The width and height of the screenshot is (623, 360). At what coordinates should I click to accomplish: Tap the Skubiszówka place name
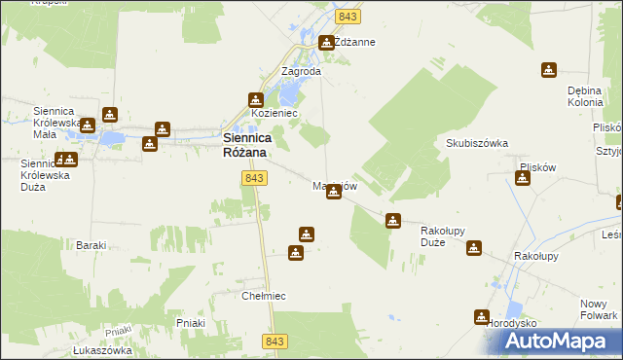tap(477, 143)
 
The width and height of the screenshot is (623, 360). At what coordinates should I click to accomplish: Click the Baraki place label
tap(91, 245)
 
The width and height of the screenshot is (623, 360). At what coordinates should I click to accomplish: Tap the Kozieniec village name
tap(274, 114)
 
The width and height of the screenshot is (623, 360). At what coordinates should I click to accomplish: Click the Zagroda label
tap(301, 71)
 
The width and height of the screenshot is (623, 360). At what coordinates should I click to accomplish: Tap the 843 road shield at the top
tap(348, 18)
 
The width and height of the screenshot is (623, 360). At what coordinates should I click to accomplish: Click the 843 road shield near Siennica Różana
tap(254, 178)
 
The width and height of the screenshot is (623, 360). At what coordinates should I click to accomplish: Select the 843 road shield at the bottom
tap(275, 341)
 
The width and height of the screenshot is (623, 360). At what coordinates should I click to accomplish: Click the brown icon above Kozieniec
tap(256, 99)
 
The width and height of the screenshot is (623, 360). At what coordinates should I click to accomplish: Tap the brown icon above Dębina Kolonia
tap(549, 70)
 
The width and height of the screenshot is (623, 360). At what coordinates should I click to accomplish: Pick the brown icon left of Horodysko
tap(481, 316)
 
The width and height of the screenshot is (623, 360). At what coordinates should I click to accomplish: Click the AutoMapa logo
tap(560, 341)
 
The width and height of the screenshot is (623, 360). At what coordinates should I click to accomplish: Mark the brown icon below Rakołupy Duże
tap(473, 249)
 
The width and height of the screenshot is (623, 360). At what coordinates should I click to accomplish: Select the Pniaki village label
tap(190, 321)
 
